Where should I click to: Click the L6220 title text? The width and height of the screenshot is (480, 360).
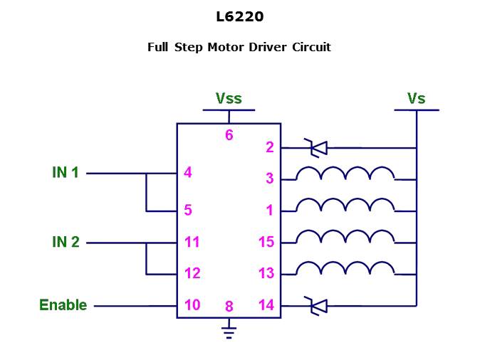coord(239,16)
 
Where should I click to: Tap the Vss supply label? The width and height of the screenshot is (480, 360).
coord(229,98)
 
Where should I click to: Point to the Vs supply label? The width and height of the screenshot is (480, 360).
coord(416,98)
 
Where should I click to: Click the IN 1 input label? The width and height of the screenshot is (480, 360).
coord(66,172)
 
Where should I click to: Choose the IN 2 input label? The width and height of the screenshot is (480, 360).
coord(66,242)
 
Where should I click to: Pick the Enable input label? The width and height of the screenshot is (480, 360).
coord(63,305)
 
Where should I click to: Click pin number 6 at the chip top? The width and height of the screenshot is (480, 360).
coord(229,134)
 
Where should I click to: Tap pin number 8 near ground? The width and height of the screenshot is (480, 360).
coord(229,307)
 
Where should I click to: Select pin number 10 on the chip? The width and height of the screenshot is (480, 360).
coord(192,305)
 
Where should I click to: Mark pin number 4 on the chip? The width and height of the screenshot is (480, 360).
coord(187,172)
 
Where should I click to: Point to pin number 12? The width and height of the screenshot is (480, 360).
coord(192,273)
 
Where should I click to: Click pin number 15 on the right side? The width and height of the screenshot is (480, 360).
coord(266,242)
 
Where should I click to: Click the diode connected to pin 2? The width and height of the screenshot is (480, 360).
coord(316,148)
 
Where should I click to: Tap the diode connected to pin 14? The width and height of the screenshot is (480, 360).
coord(316,306)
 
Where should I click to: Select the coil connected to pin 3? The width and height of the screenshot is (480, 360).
coord(345,174)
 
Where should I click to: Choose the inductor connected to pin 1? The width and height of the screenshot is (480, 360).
coord(345,205)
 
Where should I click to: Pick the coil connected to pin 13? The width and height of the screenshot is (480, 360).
coord(345,268)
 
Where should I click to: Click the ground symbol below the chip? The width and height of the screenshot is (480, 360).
coord(229,328)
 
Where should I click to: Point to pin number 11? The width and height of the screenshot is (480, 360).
coord(192,242)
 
